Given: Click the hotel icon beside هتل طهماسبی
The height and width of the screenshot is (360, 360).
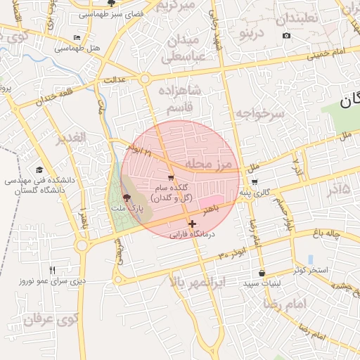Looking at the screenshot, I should [x=77, y=37].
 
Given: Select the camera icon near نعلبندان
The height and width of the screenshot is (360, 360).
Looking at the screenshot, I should [x=286, y=35].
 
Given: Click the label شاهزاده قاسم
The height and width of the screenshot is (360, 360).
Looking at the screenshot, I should [x=182, y=99].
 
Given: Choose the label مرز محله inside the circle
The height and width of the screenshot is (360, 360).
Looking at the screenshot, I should [x=208, y=164].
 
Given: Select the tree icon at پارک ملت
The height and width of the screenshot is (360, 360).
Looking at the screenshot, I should [x=126, y=198].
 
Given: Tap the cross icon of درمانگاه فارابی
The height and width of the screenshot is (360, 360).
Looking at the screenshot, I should [x=192, y=224].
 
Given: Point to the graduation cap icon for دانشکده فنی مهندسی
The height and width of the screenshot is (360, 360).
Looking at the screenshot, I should [x=39, y=170].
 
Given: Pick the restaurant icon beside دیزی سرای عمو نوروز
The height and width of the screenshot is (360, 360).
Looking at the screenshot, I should [x=52, y=270].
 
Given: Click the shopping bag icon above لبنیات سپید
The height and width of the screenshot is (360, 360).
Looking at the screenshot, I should [x=262, y=273].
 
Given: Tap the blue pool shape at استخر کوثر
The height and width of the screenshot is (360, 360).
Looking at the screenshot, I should [x=310, y=259].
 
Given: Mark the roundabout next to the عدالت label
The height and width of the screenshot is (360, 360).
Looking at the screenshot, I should [x=146, y=79].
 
